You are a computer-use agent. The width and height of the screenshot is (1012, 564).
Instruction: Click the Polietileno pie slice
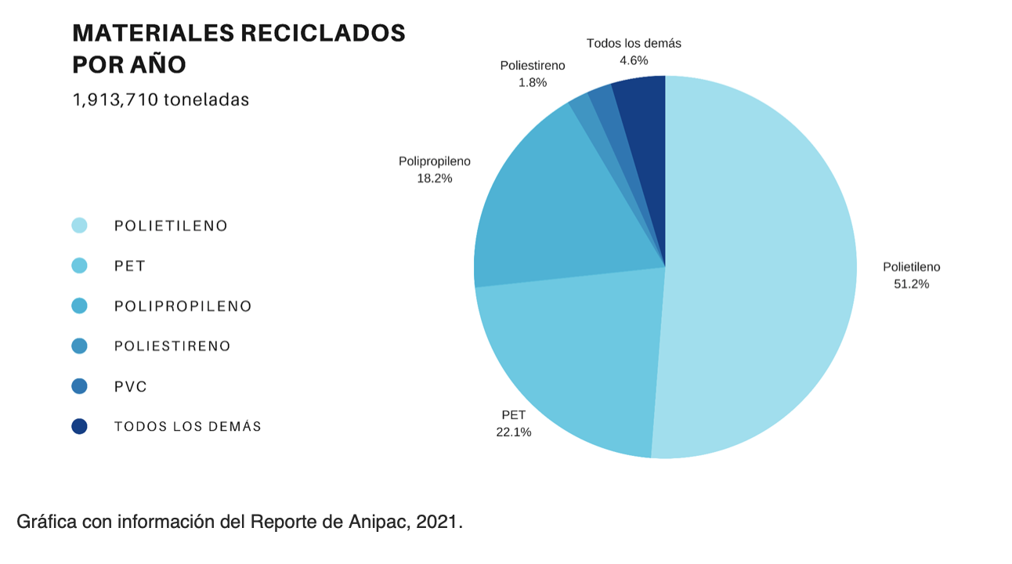click(x=760, y=266)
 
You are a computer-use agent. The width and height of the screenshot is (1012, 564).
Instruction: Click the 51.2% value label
click(x=911, y=284)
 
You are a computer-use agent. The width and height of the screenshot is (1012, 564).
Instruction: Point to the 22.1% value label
click(x=513, y=432)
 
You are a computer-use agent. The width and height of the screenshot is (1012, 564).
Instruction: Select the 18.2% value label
click(x=435, y=179)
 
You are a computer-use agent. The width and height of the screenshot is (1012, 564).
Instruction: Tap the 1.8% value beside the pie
click(x=532, y=82)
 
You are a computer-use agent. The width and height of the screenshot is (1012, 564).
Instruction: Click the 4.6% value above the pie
click(x=634, y=60)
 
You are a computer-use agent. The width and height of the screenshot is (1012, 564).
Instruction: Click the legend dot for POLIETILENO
click(x=79, y=226)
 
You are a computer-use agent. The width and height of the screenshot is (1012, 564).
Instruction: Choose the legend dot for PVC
click(x=79, y=386)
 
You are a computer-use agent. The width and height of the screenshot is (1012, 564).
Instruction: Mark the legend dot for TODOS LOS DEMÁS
click(x=79, y=426)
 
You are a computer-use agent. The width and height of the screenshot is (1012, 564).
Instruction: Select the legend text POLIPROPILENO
click(x=183, y=306)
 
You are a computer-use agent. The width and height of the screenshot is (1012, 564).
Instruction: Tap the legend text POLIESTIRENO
click(x=172, y=346)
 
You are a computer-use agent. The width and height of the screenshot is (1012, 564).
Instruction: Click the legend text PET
click(x=130, y=266)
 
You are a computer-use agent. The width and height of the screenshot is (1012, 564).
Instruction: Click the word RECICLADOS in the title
click(x=322, y=33)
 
